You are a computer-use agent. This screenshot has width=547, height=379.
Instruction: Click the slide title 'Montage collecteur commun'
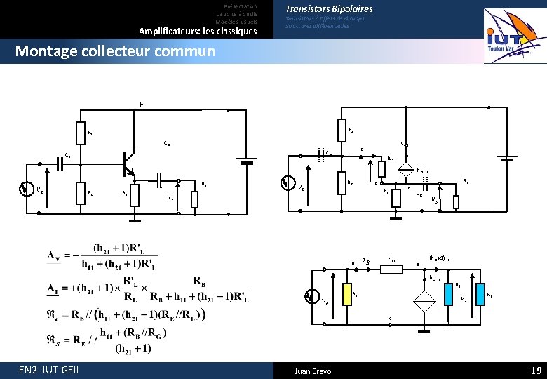[115, 51]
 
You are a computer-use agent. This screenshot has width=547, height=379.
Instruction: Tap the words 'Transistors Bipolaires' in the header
[328, 8]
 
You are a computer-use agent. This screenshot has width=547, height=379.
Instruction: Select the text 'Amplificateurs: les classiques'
[198, 32]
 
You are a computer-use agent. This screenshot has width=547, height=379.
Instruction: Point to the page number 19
[535, 370]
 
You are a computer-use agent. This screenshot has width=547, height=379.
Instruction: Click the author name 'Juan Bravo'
[313, 371]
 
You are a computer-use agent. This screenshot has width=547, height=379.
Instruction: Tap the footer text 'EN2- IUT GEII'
[49, 370]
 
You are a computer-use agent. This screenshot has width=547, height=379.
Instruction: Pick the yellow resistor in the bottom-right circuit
[347, 295]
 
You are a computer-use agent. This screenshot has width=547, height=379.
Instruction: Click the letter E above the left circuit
[142, 105]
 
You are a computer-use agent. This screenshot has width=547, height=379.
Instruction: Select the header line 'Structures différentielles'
[317, 27]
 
